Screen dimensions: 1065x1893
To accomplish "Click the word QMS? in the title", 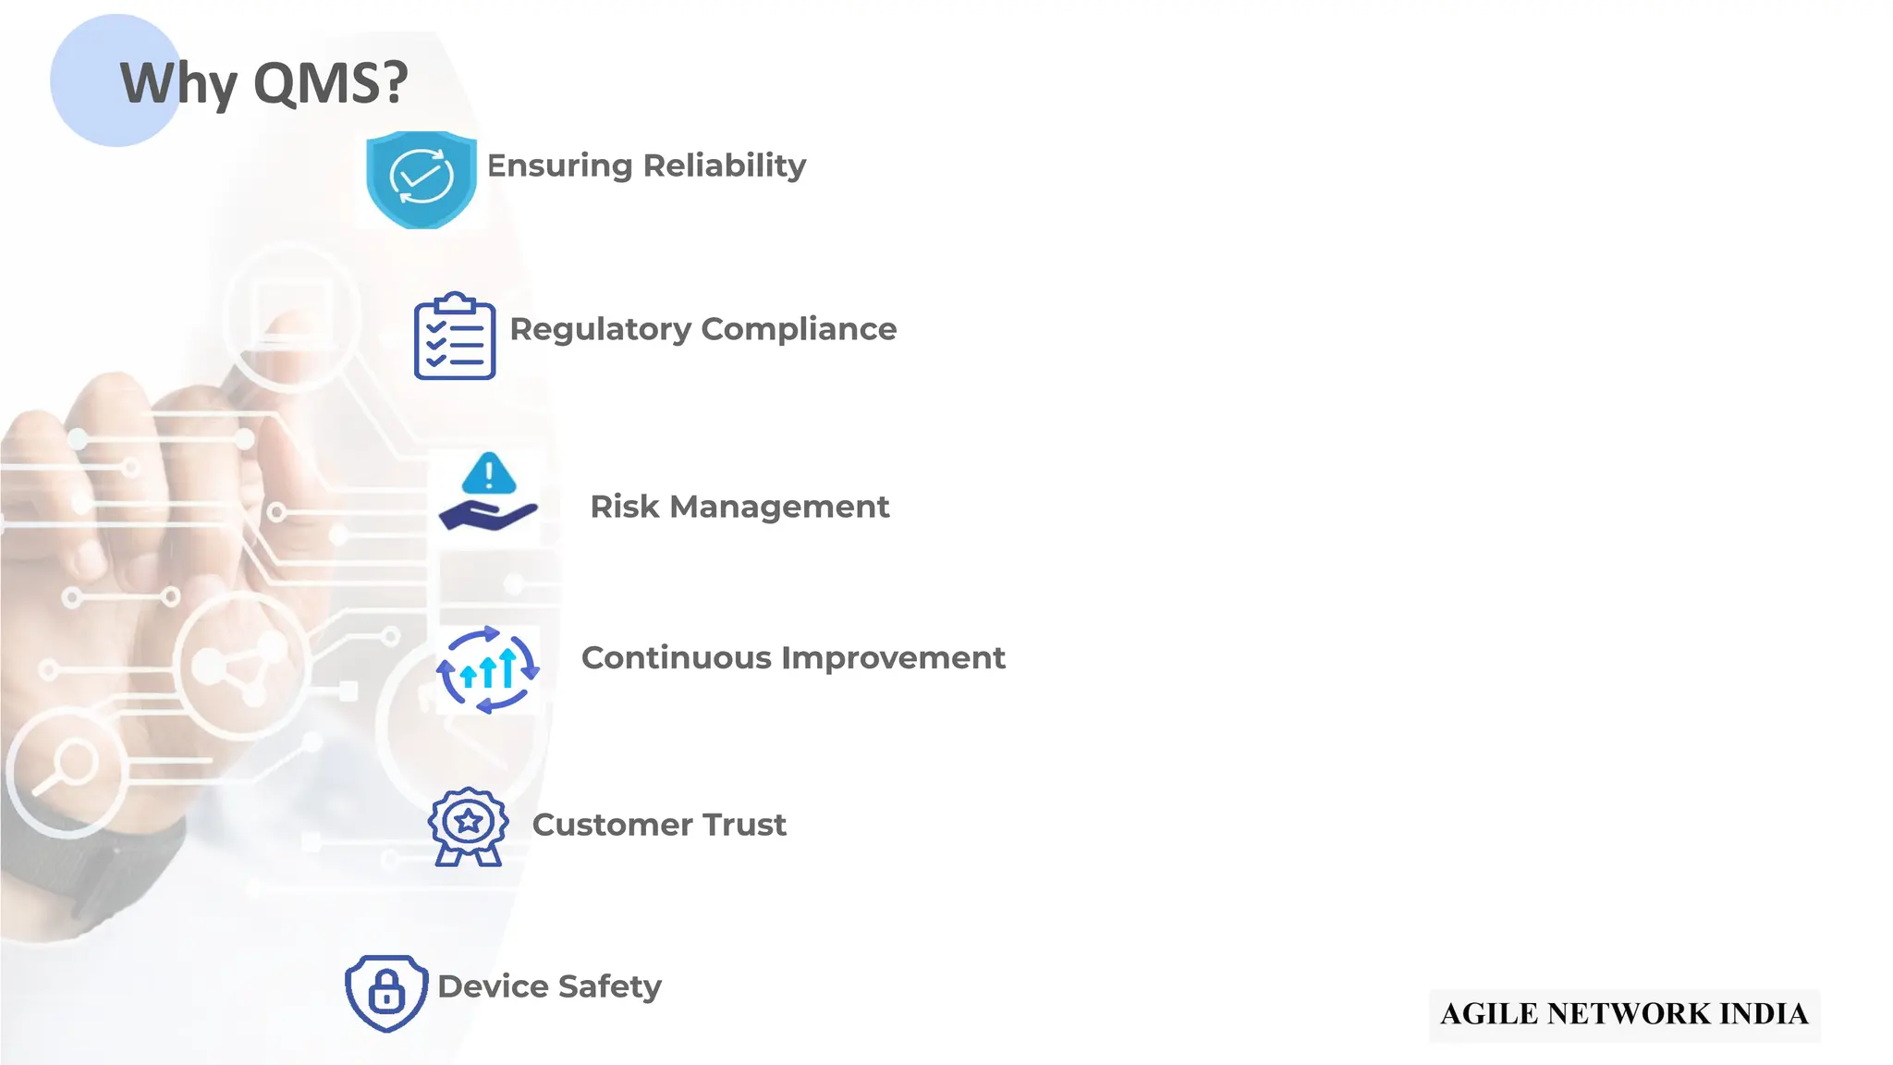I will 330,83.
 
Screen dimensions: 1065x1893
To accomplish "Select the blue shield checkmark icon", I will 421,178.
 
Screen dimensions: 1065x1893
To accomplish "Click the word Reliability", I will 724,165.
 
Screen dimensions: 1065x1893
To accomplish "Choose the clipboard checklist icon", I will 454,337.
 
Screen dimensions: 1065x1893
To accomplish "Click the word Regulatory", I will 600,330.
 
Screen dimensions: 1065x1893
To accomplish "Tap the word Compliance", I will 799,329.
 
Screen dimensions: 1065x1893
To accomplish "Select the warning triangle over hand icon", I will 487,493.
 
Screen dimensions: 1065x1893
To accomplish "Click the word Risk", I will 624,507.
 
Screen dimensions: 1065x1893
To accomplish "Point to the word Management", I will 779,508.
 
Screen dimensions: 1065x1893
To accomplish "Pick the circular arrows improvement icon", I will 487,670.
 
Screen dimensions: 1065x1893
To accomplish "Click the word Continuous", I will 676,657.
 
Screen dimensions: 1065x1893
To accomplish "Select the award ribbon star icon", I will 468,826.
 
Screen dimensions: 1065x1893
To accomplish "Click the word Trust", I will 744,825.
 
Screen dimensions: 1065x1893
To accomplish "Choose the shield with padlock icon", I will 386,993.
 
